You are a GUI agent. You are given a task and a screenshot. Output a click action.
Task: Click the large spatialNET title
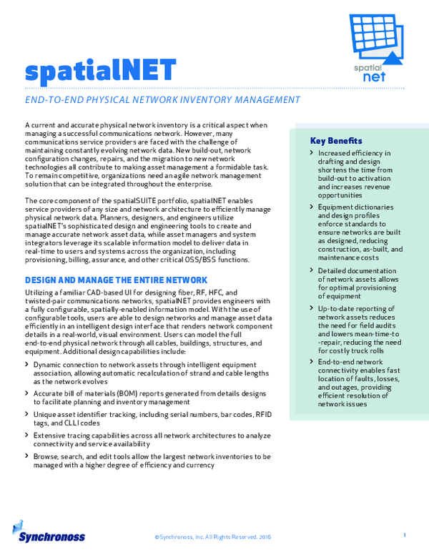point(100,70)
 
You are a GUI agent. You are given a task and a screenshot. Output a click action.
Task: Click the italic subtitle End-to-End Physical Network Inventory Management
point(162,100)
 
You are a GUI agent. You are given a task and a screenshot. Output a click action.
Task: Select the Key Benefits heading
point(336,141)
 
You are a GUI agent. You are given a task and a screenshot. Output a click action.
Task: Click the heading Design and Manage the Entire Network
point(117,280)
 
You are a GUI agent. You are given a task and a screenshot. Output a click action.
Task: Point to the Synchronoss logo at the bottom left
point(49,534)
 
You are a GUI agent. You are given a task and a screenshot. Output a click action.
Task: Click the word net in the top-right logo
point(375,76)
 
